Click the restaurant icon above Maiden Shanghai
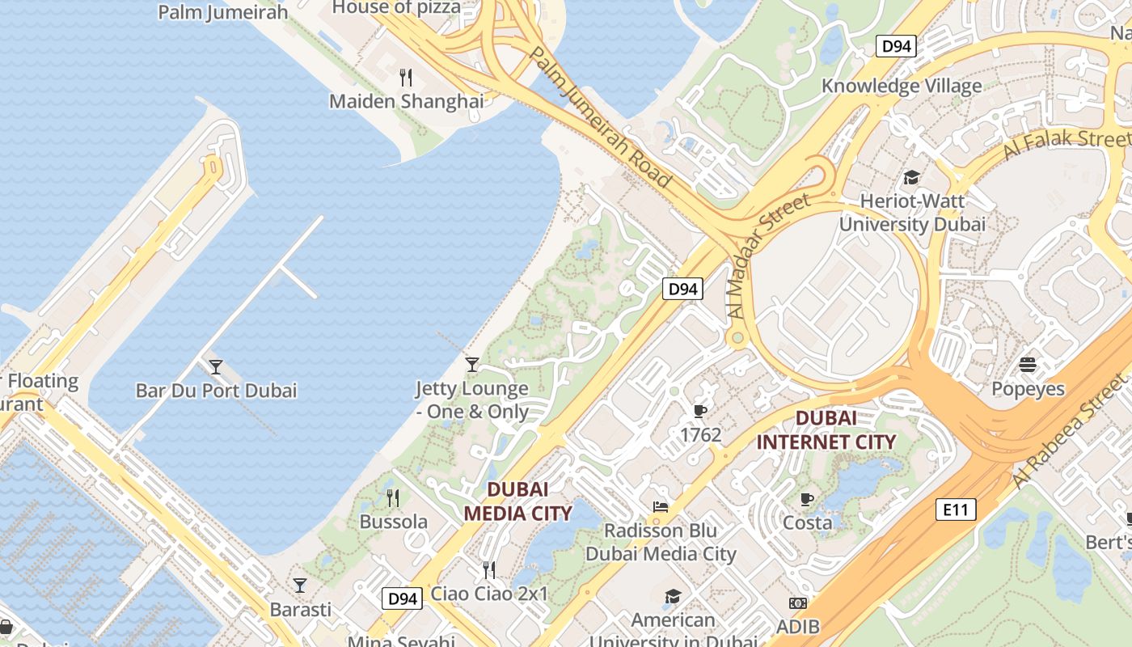[406, 78]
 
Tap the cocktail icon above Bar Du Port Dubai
[215, 367]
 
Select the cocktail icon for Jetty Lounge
[472, 365]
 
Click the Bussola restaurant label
[394, 522]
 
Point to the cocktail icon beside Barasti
[300, 585]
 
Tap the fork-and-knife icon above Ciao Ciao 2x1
[488, 570]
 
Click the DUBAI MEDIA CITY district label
[517, 501]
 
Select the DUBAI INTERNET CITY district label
[826, 430]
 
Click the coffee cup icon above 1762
[700, 412]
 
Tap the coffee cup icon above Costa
[806, 499]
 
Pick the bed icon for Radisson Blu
[661, 507]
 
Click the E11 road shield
[956, 510]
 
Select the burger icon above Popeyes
[1028, 365]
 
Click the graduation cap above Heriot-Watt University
[911, 178]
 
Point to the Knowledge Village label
[902, 86]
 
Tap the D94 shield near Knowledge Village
[896, 46]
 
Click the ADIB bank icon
[798, 603]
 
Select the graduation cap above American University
[673, 597]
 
